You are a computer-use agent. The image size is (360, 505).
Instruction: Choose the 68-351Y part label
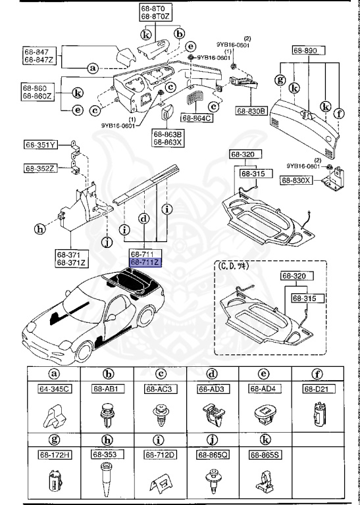tap(41, 144)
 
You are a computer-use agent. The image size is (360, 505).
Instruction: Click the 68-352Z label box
tap(41, 168)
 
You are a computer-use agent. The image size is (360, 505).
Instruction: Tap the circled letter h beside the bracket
tap(40, 229)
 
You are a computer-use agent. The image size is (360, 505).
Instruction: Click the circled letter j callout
tap(105, 242)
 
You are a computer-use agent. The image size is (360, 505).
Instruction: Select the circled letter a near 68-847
tap(93, 68)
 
